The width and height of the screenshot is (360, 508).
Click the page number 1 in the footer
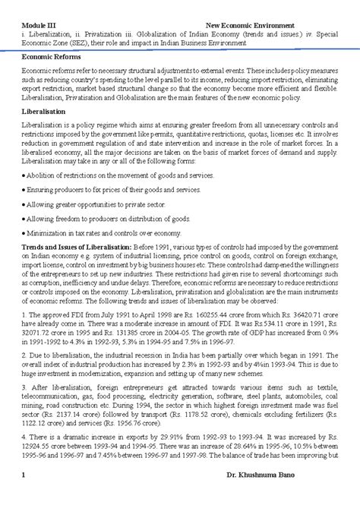[24, 497]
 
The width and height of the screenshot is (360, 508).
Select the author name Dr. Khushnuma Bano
[298, 497]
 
